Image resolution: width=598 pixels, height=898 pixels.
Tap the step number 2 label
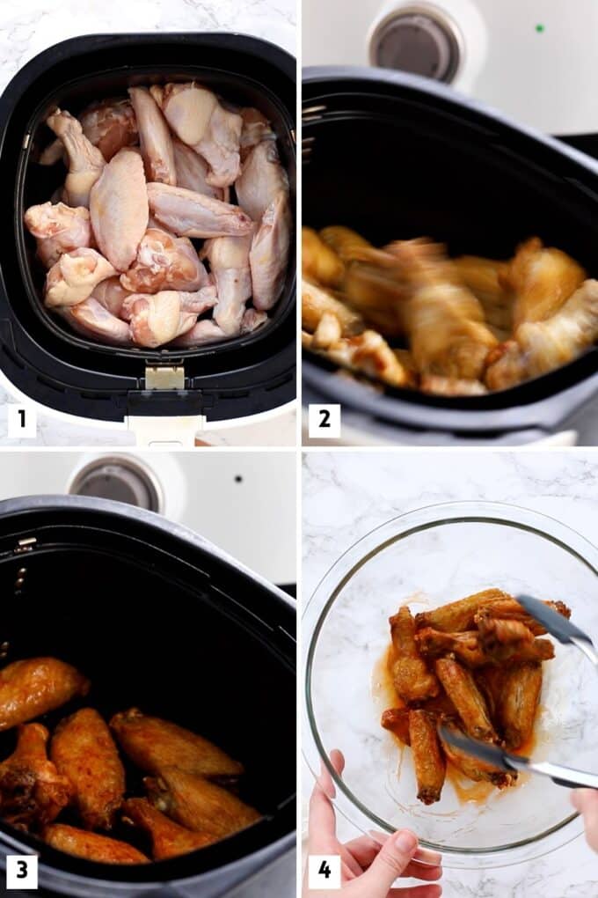324,420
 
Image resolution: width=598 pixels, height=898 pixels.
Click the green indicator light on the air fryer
539,28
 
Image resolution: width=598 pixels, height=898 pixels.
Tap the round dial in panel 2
415,41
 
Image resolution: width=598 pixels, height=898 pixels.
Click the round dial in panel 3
116,482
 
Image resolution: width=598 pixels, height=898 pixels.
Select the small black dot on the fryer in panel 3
237,479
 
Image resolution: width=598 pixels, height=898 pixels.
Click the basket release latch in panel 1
164,379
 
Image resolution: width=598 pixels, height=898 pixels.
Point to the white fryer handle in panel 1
164,429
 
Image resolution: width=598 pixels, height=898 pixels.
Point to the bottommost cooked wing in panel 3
92,845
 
